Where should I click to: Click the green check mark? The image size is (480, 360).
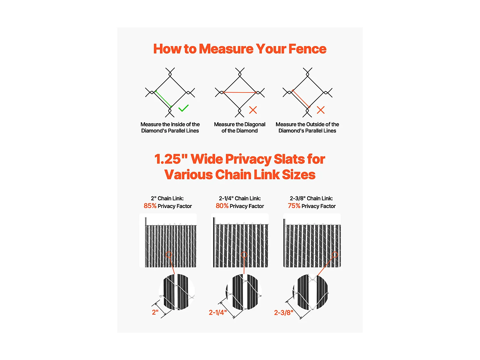click(183, 108)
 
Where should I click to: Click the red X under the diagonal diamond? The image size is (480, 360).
click(253, 110)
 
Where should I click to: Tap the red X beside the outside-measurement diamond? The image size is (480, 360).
click(321, 110)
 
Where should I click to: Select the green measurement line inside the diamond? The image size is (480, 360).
click(163, 99)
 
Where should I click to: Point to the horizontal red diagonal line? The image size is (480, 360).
click(239, 92)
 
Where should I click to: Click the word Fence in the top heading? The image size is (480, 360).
click(307, 49)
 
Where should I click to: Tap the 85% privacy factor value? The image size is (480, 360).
click(150, 206)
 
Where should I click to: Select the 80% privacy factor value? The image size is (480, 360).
click(222, 206)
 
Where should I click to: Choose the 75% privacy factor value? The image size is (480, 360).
click(294, 206)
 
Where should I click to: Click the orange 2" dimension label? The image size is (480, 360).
click(155, 312)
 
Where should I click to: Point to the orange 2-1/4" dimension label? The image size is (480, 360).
click(218, 313)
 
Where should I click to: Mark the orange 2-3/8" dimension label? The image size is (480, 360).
click(284, 313)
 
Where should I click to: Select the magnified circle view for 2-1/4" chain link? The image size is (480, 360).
click(244, 292)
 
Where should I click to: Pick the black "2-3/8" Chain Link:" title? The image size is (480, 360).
click(311, 198)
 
